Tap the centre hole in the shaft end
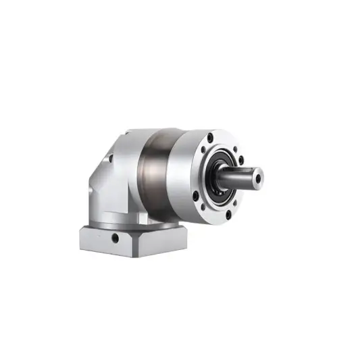tap(257, 178)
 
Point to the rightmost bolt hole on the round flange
tap(241, 160)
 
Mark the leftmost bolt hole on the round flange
tap(197, 196)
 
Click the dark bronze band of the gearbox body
tap(159, 172)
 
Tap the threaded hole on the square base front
tap(115, 238)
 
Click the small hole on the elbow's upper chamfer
tap(110, 159)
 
